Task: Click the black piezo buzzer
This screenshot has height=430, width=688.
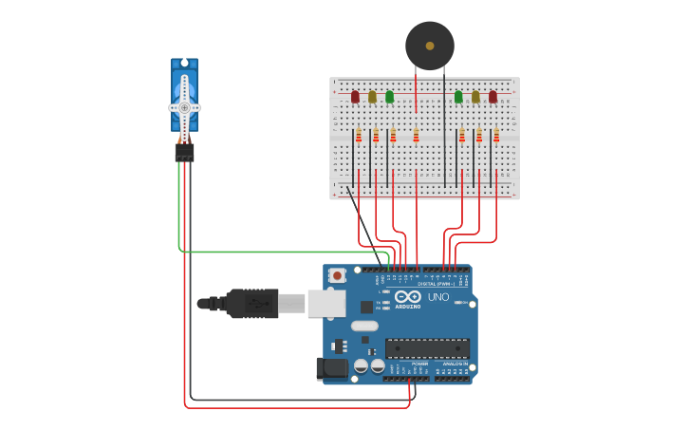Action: pyautogui.click(x=429, y=46)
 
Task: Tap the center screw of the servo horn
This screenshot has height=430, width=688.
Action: pyautogui.click(x=184, y=107)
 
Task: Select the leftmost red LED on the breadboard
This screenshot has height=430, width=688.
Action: pyautogui.click(x=355, y=97)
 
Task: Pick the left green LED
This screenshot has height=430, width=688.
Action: pyautogui.click(x=389, y=97)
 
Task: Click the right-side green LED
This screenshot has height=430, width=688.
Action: pyautogui.click(x=458, y=97)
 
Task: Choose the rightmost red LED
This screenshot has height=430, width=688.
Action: pyautogui.click(x=493, y=97)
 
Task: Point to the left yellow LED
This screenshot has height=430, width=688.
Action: pyautogui.click(x=372, y=97)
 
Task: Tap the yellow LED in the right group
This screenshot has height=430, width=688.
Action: pyautogui.click(x=475, y=97)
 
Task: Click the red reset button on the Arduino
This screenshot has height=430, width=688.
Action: pyautogui.click(x=336, y=275)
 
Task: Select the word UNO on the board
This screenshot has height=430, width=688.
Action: pyautogui.click(x=438, y=297)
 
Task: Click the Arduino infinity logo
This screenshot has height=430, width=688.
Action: pyautogui.click(x=409, y=297)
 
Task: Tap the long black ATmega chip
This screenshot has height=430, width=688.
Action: pyautogui.click(x=426, y=348)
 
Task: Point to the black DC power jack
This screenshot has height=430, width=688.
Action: pyautogui.click(x=329, y=368)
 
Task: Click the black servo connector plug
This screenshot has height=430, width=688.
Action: pyautogui.click(x=184, y=152)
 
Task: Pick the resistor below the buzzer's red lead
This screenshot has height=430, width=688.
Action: pyautogui.click(x=416, y=136)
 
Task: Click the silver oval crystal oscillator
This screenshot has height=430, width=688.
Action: pyautogui.click(x=364, y=326)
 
